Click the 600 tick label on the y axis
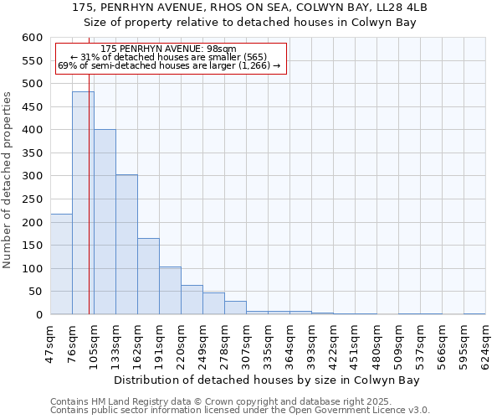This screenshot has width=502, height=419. point(32,38)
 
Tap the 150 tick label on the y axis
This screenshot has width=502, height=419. point(32,246)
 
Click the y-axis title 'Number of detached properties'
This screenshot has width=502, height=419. point(8,180)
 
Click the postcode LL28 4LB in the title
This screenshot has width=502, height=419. point(397,7)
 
